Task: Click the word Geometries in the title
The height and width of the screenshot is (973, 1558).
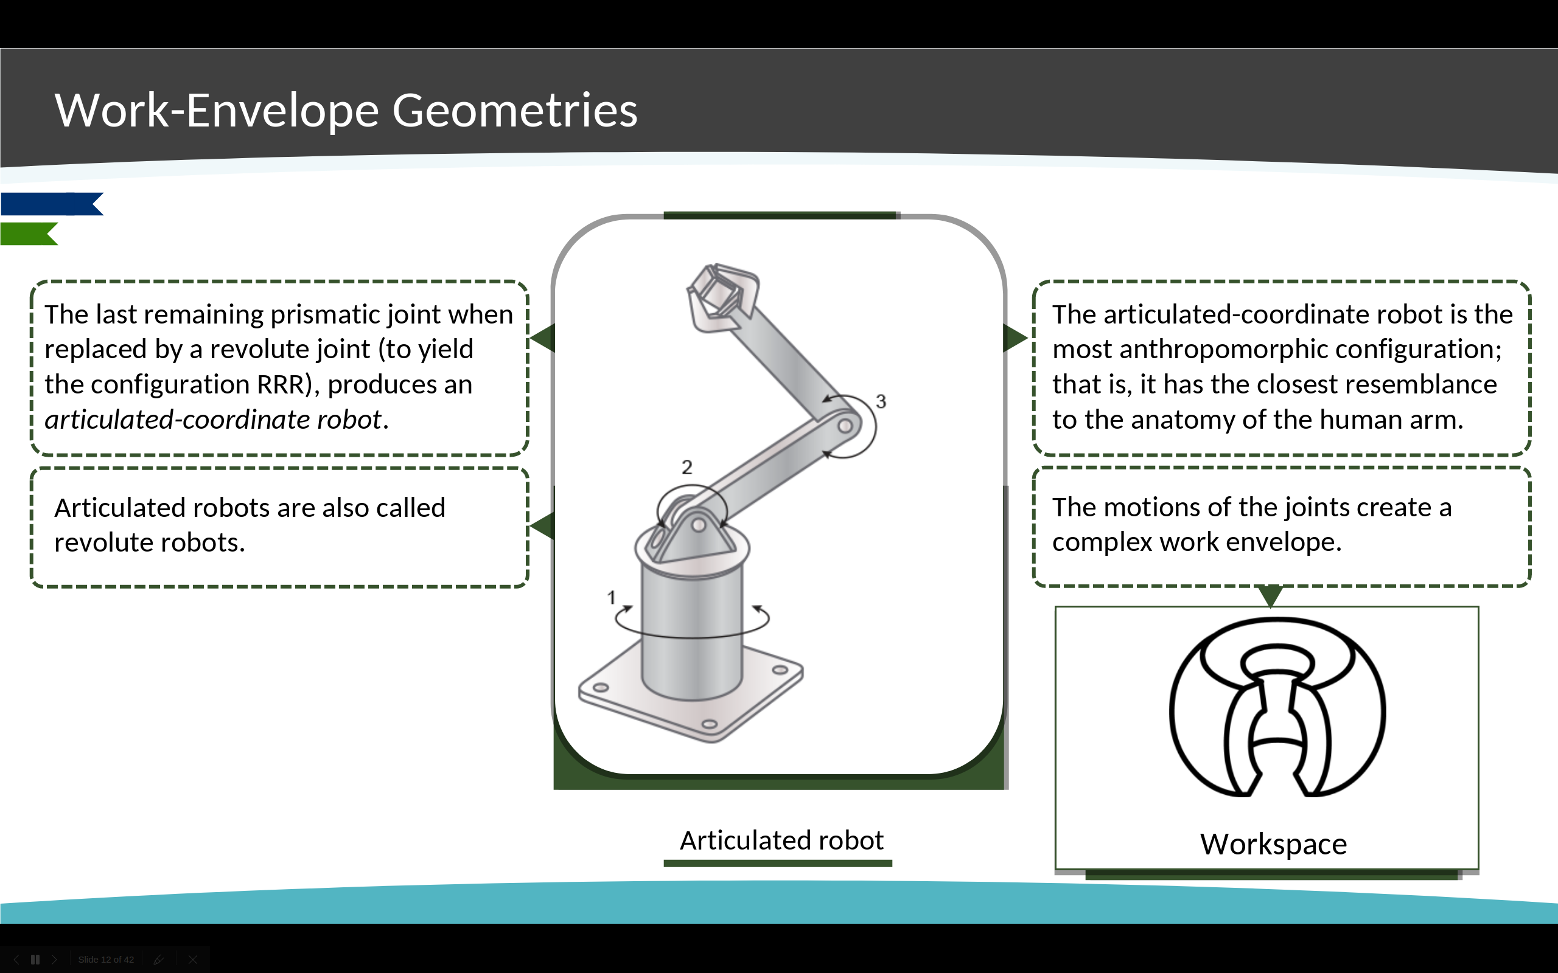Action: (x=514, y=110)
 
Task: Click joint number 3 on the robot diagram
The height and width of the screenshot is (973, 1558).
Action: (x=881, y=401)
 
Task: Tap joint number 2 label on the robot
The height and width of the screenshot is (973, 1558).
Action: (x=687, y=467)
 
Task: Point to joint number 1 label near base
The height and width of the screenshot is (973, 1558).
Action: (x=611, y=598)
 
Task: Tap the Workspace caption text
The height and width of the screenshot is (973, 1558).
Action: (x=1273, y=844)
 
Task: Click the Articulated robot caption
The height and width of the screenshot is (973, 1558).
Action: (x=781, y=840)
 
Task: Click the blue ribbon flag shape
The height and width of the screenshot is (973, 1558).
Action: (x=52, y=204)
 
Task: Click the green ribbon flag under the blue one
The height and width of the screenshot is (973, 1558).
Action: (x=29, y=234)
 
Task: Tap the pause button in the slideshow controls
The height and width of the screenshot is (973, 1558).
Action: (x=35, y=960)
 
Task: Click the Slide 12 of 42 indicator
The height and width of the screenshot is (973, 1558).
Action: (x=107, y=960)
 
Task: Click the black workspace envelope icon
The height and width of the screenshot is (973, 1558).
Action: (x=1277, y=707)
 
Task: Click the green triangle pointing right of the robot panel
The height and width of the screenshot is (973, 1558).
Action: (x=1015, y=338)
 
